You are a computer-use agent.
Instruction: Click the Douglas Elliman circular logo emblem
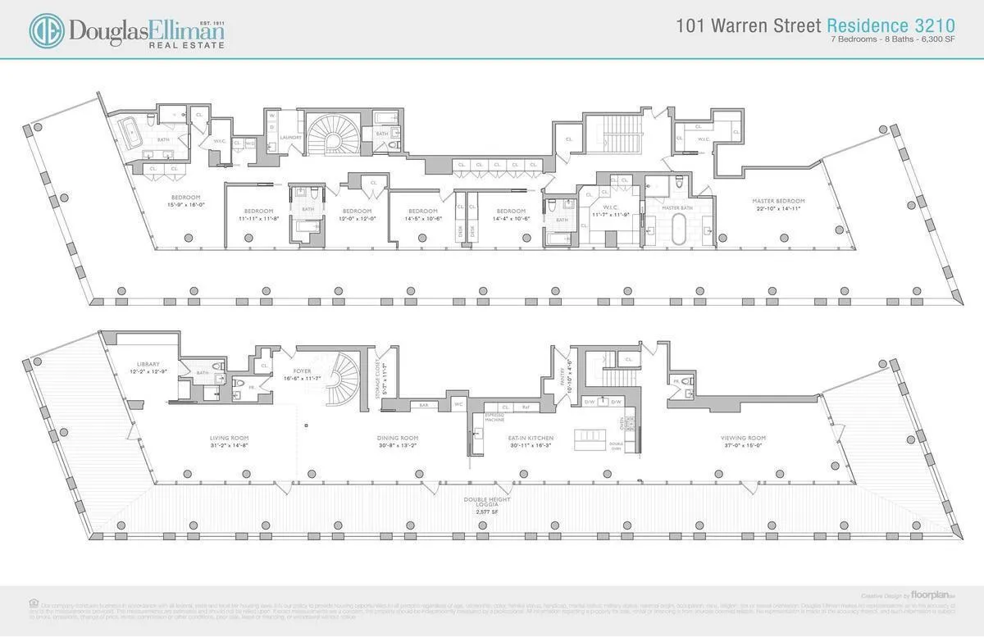click(x=47, y=30)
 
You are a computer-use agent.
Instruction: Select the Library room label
click(x=148, y=364)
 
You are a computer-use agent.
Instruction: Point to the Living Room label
click(x=229, y=438)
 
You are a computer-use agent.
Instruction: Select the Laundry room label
click(x=291, y=137)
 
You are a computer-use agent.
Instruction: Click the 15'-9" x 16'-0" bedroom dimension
click(x=181, y=205)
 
